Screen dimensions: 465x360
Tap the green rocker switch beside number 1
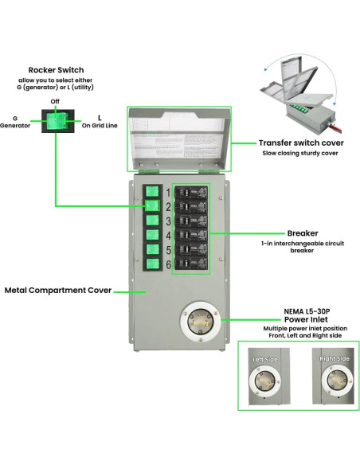point(152,192)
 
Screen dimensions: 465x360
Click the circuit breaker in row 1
point(191,193)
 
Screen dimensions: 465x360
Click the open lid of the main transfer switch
point(178,139)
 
